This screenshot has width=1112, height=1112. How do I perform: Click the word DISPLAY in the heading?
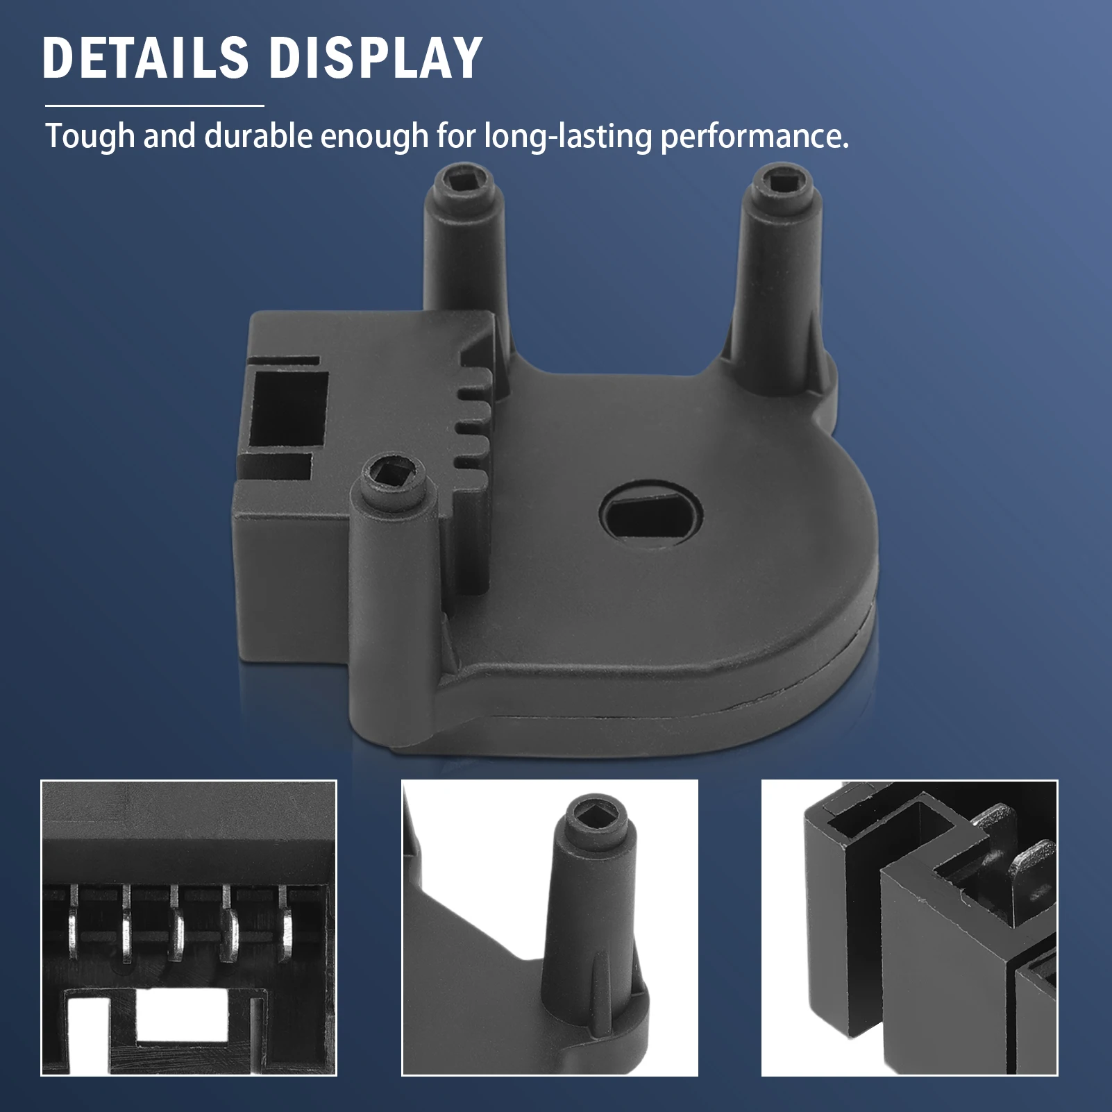pyautogui.click(x=375, y=58)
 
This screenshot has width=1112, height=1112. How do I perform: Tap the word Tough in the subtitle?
pyautogui.click(x=90, y=136)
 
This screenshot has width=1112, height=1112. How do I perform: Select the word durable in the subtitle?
pyautogui.click(x=258, y=136)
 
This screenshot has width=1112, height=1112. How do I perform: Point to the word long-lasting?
pyautogui.click(x=568, y=136)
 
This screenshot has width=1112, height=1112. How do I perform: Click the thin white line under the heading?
pyautogui.click(x=154, y=106)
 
